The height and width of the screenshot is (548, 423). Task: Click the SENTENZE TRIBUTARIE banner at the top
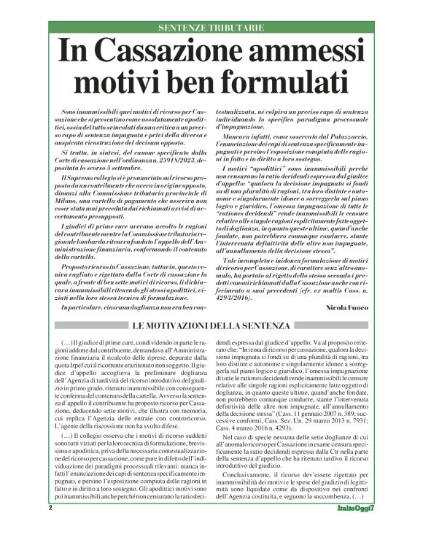pyautogui.click(x=211, y=28)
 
